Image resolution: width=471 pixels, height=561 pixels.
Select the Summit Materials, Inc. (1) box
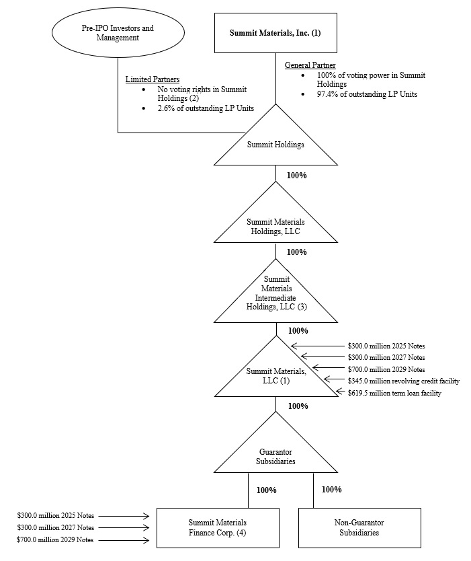(x=275, y=32)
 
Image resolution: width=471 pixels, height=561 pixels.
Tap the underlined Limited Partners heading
(x=153, y=79)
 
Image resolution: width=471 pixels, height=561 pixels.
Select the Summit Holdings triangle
(x=275, y=145)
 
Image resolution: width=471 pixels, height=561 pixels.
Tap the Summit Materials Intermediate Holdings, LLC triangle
(x=275, y=299)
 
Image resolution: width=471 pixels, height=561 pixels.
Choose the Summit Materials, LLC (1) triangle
(x=275, y=375)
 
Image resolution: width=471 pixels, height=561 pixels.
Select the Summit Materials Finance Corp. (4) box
(x=217, y=527)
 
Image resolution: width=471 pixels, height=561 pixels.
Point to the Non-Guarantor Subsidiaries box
(x=359, y=527)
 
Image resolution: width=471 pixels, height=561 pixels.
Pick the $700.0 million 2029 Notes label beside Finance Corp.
(x=55, y=540)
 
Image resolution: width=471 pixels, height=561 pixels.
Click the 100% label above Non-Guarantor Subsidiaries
(x=331, y=490)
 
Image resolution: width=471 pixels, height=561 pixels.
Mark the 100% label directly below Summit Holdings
(x=296, y=175)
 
